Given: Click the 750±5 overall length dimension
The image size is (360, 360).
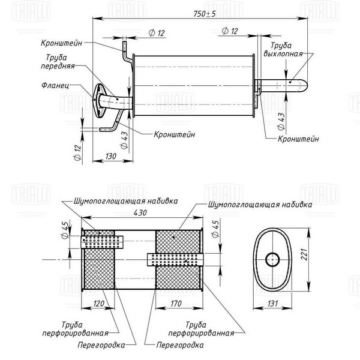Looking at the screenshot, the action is point(205,14).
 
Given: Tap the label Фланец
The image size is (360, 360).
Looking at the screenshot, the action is point(55,85).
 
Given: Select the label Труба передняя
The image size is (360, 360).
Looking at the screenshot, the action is point(58,62).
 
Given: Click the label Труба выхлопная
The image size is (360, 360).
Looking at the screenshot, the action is point(283,49).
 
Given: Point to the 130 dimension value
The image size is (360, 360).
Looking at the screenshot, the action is point(111,156).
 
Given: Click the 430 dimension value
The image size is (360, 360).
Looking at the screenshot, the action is point(140,212).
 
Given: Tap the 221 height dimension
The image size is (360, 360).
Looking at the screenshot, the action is point(304,254).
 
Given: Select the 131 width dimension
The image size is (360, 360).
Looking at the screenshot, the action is point(272,304).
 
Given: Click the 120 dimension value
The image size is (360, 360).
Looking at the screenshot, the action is point(99,304).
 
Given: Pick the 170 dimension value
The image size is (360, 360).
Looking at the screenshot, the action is point(176,304).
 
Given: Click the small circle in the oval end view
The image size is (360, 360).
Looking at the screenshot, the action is point(272,260).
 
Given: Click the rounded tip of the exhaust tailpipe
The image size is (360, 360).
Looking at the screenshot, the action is point(305,86).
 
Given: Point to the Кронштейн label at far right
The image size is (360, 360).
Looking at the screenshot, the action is point(298,139).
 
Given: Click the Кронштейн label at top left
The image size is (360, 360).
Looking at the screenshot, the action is point(62,43).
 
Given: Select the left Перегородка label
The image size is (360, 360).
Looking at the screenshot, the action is point(101,345).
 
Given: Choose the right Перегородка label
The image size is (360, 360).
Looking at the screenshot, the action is point(180,345).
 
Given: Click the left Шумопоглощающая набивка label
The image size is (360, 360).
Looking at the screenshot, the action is point(126,201).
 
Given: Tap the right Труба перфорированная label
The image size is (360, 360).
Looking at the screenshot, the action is point(201,329).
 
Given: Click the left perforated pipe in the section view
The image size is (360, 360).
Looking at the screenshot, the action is point(102,242).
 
